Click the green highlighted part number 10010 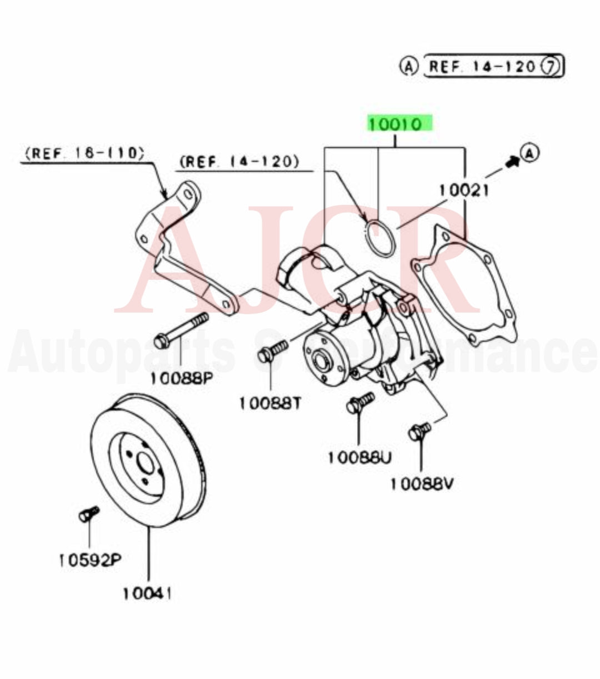pos(398,124)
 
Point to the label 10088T pos(270,403)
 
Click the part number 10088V pos(422,484)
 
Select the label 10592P pos(89,560)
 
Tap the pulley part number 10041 pos(148,594)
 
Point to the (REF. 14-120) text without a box pos(239,162)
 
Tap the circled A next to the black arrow pos(529,152)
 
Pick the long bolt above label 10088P pos(181,330)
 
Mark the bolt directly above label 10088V pos(419,431)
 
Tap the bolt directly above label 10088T pos(273,351)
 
